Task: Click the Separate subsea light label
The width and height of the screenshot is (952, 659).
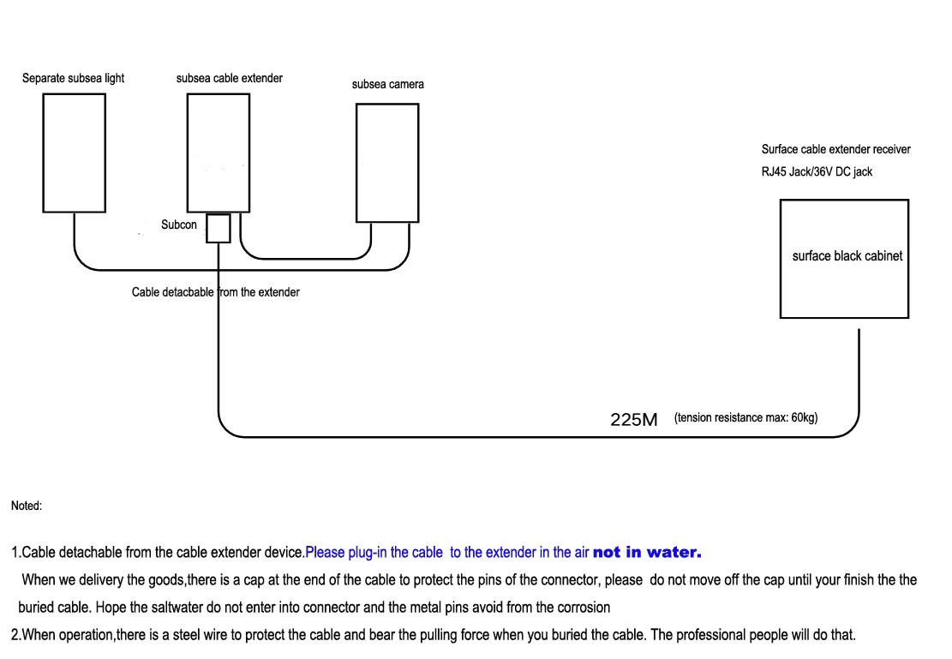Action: pos(73,78)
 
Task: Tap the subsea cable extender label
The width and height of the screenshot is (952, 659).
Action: pos(230,78)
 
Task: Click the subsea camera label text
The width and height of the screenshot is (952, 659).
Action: pos(388,85)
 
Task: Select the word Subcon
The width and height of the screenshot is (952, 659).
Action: pos(179,225)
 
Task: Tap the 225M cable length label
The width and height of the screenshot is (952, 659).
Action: pos(634,420)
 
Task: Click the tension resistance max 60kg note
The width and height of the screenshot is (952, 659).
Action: pos(746,418)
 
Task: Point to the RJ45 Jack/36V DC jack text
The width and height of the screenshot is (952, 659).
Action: pos(817,172)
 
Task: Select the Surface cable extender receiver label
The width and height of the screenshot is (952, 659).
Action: pos(836,149)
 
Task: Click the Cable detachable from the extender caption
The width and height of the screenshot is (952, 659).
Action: pos(216,292)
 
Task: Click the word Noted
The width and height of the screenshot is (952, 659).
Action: pos(27,506)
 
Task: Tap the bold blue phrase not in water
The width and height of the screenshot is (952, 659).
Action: pos(647,552)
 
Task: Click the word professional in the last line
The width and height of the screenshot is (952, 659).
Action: pos(710,635)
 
